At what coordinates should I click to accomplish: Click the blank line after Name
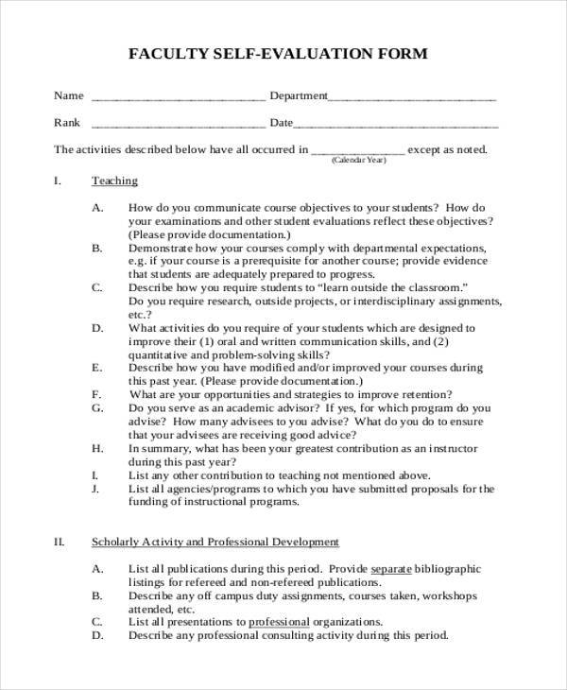tap(179, 98)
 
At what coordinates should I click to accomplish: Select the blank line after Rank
tap(179, 125)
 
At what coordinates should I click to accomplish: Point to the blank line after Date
tap(397, 125)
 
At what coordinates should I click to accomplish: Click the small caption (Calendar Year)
tap(359, 161)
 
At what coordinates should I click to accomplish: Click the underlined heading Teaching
tap(114, 181)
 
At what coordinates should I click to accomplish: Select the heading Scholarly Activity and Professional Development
tap(215, 542)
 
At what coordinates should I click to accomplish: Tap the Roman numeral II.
tap(59, 542)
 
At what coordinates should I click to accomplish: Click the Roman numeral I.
tap(58, 181)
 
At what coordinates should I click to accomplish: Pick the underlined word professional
tap(279, 622)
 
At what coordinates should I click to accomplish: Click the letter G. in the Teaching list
tap(97, 407)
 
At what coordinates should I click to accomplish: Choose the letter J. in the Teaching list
tap(96, 489)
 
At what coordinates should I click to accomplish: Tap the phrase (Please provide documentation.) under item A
tap(210, 233)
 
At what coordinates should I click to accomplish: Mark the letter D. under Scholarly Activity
tap(97, 635)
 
